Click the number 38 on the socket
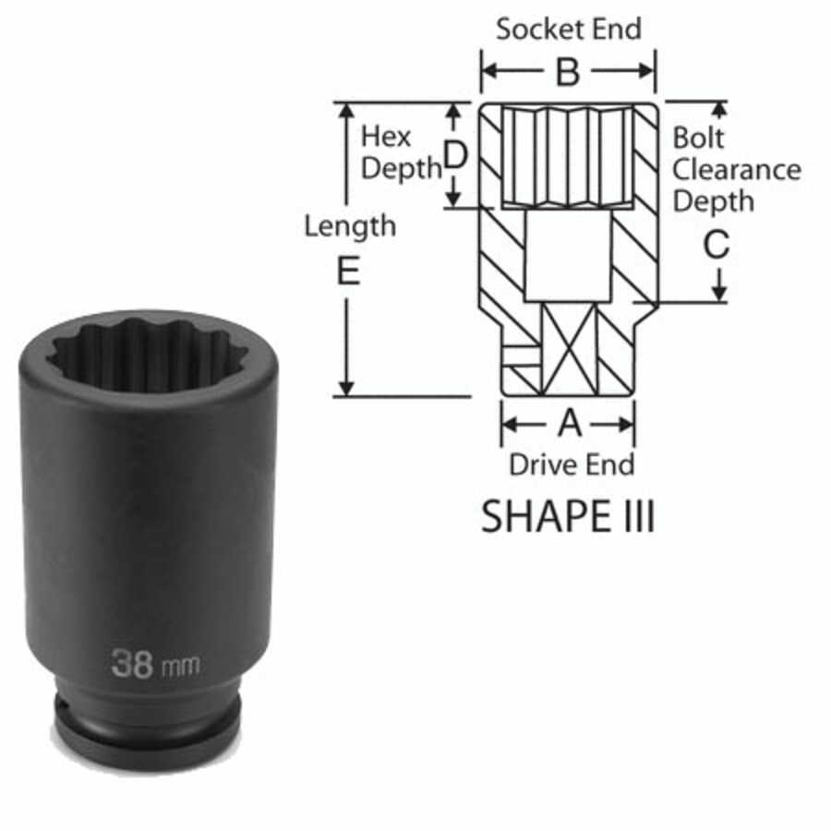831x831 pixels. point(132,662)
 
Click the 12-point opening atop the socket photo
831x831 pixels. point(148,354)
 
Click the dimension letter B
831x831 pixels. point(567,72)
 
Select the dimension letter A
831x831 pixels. point(570,424)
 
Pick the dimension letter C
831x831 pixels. point(717,246)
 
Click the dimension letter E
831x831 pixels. point(348,271)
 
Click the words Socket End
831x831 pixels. point(567,29)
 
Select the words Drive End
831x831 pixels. point(572,464)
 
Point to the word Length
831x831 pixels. point(350,225)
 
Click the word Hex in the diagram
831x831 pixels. point(385,138)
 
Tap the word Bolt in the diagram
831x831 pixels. point(699,138)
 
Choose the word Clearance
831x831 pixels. point(736,169)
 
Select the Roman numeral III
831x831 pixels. point(632,517)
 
